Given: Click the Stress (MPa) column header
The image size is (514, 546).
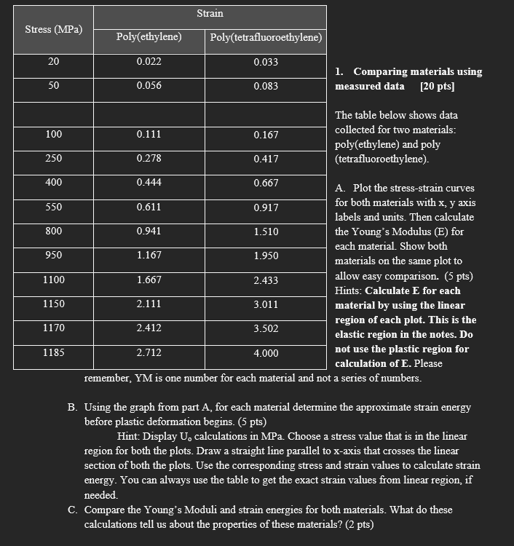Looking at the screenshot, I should coord(54,29).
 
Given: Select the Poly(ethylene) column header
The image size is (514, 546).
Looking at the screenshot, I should coord(149,37).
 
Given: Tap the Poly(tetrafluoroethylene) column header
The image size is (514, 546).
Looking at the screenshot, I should coord(266,37).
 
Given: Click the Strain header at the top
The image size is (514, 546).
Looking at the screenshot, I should coord(210,13).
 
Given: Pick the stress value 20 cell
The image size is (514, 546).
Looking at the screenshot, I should coord(54,62).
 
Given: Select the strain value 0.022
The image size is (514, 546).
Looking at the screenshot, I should coord(149,62).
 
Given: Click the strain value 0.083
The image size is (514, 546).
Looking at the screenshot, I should coord(266,86).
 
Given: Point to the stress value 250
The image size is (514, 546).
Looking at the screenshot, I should coord(54,159).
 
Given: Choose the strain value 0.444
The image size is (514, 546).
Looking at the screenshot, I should coord(149,183).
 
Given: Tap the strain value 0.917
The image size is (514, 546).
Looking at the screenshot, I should coord(266,207).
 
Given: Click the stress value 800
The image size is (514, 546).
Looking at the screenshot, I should coord(54,232).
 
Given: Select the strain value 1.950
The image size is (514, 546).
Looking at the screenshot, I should coord(266,256).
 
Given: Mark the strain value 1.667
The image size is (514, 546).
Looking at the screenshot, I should coord(149,280).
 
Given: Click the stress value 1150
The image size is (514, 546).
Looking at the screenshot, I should coord(54,304).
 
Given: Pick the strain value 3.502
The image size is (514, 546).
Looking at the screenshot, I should coord(266,328).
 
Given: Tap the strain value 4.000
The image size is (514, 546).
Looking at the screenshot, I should coord(266,353).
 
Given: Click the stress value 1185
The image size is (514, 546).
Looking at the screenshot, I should coord(54,353).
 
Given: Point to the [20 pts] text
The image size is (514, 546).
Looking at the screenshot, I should coord(438,86).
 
